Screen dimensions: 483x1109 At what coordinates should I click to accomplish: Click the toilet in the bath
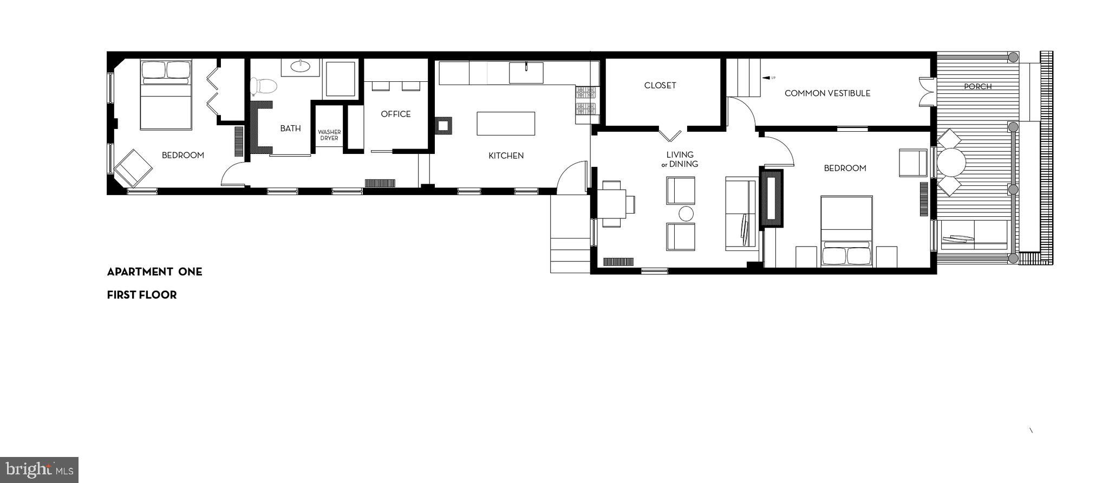[x=264, y=86]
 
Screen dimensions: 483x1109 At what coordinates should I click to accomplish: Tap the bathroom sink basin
[x=300, y=66]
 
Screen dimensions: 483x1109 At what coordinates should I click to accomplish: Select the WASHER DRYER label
[x=329, y=135]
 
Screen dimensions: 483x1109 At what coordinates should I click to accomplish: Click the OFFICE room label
[x=396, y=114]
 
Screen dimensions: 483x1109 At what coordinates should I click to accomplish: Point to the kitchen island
[x=506, y=124]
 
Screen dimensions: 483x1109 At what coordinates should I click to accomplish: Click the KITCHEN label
[x=506, y=156]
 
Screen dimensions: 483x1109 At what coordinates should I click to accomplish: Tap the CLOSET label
[x=660, y=86]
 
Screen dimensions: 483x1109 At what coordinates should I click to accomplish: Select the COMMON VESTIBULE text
[x=827, y=93]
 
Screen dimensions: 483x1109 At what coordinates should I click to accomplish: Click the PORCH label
[x=977, y=87]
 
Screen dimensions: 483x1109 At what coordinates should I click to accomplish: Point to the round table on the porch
[x=951, y=162]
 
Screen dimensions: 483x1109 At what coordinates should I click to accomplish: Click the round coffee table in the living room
[x=686, y=214]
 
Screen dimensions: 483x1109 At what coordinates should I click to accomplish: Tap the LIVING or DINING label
[x=680, y=159]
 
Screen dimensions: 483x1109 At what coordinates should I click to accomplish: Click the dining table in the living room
[x=612, y=204]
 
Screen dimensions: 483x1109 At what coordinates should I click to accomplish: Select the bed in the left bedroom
[x=166, y=95]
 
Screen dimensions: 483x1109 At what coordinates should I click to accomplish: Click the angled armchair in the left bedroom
[x=133, y=167]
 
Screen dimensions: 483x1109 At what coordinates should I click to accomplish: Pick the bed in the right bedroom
[x=846, y=231]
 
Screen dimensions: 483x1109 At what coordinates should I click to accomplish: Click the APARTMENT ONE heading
[x=154, y=272]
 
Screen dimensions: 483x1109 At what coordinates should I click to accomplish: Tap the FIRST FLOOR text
[x=142, y=295]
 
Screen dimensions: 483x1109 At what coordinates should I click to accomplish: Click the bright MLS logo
[x=40, y=469]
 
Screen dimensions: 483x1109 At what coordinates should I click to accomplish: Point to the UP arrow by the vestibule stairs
[x=768, y=78]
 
